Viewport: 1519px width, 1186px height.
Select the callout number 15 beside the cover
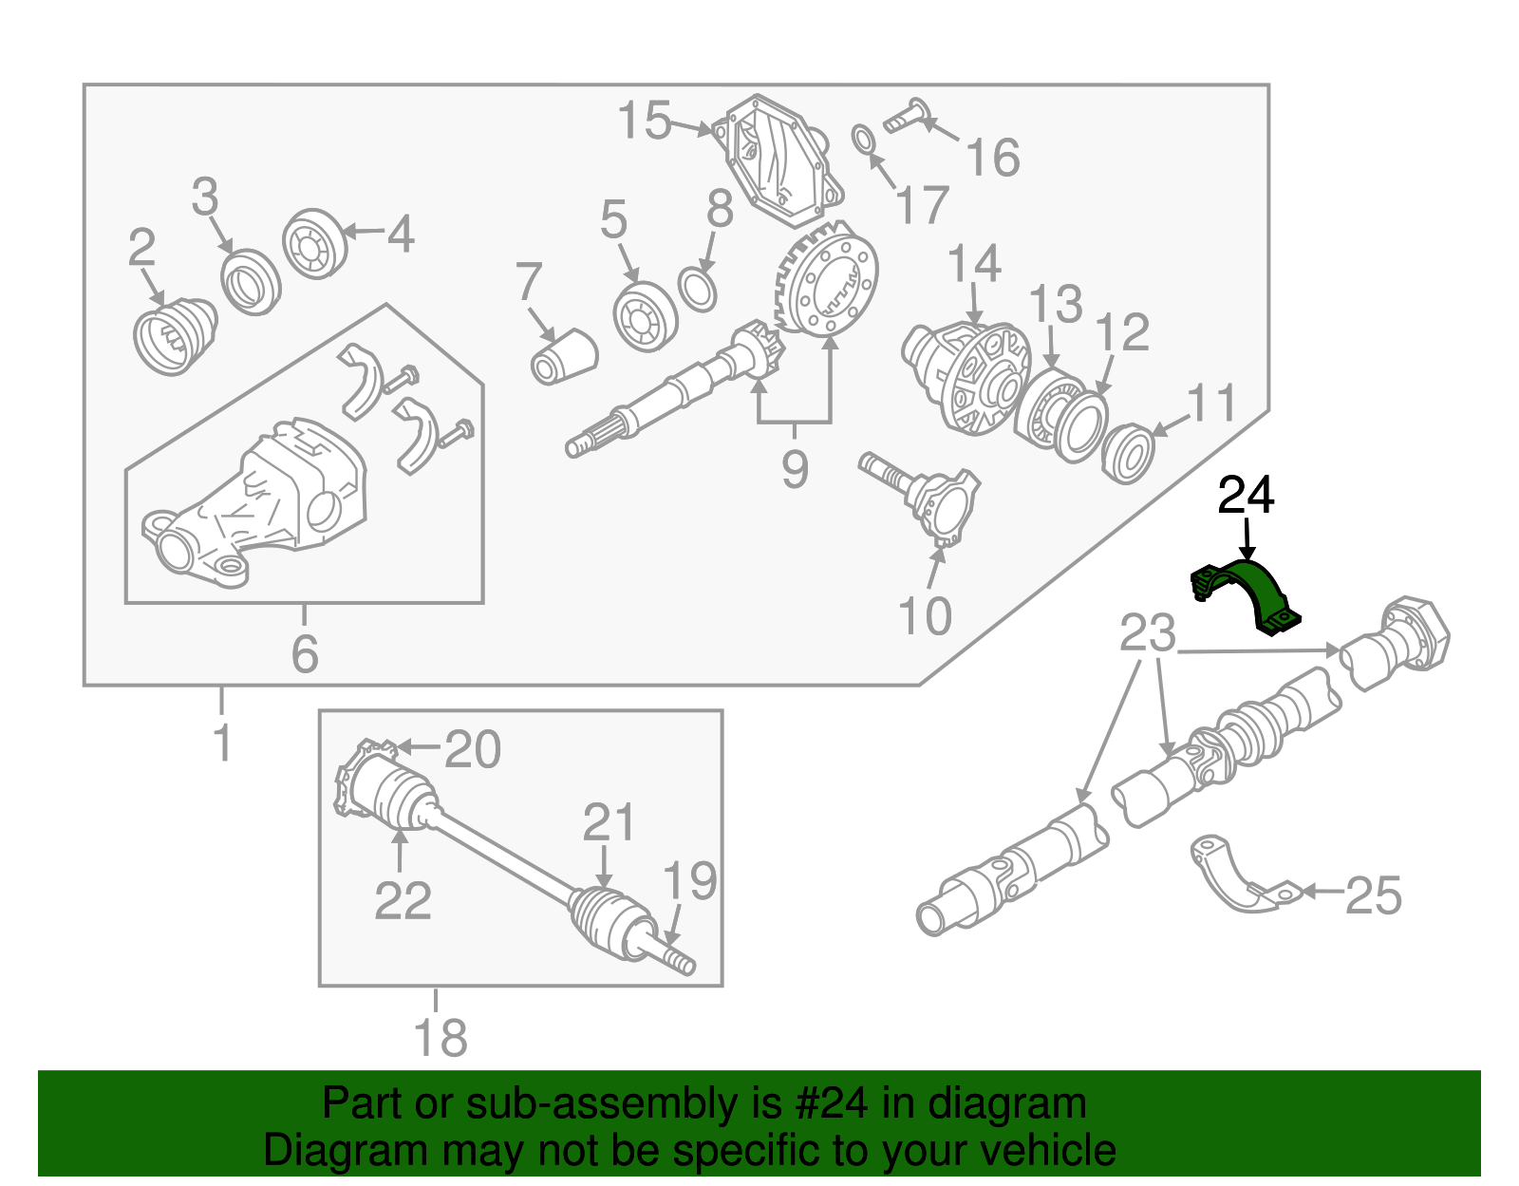tap(644, 122)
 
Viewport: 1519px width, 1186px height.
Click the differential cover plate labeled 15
tap(778, 161)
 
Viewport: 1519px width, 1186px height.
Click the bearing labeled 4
tap(315, 244)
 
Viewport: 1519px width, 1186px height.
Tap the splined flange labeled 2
tap(173, 337)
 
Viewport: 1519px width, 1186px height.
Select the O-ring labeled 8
tap(698, 290)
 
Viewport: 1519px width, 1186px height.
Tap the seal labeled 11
tap(1128, 453)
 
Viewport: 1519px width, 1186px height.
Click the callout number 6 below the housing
tap(304, 654)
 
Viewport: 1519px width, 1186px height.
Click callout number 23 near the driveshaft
tap(1147, 633)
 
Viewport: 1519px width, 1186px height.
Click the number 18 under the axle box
tap(441, 1038)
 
